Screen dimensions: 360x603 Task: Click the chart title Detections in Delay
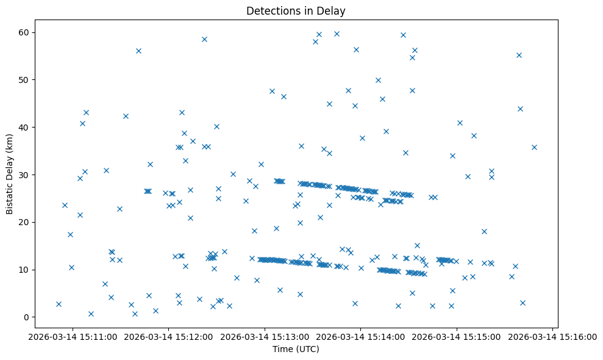click(295, 10)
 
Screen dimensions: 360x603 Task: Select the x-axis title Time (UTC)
click(296, 350)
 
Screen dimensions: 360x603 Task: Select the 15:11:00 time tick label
click(73, 336)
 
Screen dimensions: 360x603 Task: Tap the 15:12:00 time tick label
click(169, 336)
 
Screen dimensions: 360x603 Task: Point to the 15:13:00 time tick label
click(265, 336)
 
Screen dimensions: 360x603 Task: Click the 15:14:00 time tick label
click(361, 336)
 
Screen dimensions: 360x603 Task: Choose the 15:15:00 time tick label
click(457, 336)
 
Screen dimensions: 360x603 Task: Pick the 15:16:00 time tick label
click(553, 336)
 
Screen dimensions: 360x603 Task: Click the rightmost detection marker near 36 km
click(534, 147)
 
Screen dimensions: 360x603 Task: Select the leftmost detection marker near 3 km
click(59, 304)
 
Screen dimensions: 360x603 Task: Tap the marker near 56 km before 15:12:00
click(138, 51)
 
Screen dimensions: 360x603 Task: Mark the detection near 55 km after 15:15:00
click(519, 55)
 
